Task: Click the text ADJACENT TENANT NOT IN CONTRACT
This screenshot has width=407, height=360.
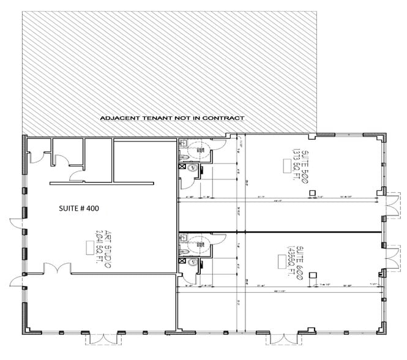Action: pyautogui.click(x=172, y=118)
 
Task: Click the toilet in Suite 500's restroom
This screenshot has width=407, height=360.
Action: pyautogui.click(x=196, y=147)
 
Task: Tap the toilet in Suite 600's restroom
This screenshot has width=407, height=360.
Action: pyautogui.click(x=196, y=242)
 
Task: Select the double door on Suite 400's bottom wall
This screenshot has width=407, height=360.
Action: pyautogui.click(x=98, y=339)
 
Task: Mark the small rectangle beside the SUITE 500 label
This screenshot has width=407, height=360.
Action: pyautogui.click(x=286, y=164)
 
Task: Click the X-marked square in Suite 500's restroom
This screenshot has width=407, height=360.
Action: pyautogui.click(x=182, y=165)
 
